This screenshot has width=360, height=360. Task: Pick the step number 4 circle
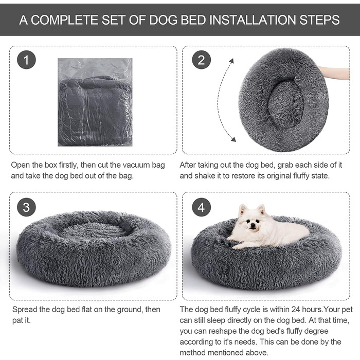(x=201, y=207)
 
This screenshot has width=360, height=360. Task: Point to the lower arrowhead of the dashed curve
(x=232, y=139)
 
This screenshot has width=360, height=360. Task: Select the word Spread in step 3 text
(x=23, y=310)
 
